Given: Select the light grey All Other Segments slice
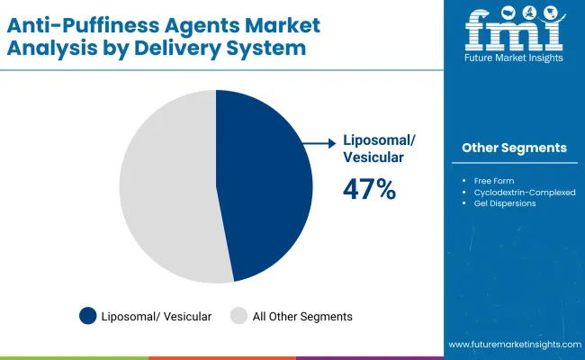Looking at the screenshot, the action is tap(168, 186).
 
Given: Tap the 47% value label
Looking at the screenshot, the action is tap(369, 189).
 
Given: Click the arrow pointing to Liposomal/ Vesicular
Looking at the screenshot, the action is tap(319, 143).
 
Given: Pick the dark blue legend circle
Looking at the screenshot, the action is tap(88, 316).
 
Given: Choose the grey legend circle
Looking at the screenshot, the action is tap(238, 316).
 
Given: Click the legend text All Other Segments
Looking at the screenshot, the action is tap(302, 317).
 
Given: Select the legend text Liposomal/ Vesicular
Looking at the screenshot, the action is tap(157, 317).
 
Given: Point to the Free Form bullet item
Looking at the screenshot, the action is tap(494, 181).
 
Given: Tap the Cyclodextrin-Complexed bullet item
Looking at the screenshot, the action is tap(525, 193).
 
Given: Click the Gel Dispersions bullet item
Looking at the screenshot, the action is tap(505, 203).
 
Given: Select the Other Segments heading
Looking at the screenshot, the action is tap(514, 148).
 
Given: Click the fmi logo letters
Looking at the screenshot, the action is tap(515, 29).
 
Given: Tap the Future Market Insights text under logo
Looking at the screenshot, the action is tap(514, 58).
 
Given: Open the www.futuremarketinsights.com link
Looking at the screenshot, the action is tap(515, 345).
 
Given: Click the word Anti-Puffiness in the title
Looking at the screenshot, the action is tap(83, 25).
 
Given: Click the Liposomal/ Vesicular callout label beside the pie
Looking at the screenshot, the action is tap(379, 148).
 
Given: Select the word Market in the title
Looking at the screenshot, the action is tap(282, 25).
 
